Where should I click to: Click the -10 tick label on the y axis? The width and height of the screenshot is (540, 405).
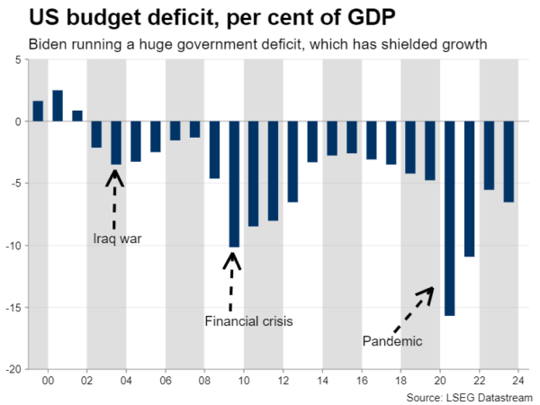click(14, 246)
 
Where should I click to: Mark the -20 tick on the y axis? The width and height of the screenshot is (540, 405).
click(14, 369)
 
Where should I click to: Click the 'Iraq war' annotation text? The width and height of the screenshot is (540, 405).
click(118, 238)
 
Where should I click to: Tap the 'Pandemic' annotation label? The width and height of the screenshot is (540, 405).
click(392, 340)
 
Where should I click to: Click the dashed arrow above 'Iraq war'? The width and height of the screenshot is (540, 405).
click(115, 198)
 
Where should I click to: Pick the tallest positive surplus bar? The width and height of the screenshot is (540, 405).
click(58, 105)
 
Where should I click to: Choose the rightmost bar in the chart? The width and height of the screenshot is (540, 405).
click(508, 162)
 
